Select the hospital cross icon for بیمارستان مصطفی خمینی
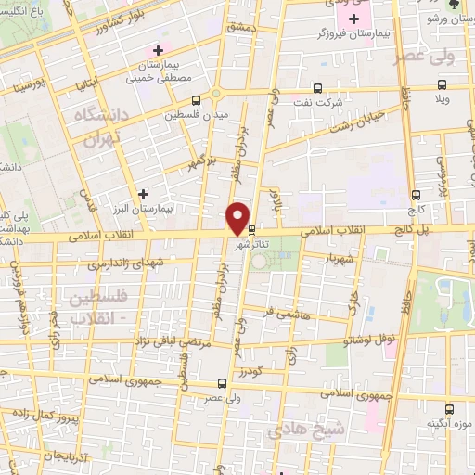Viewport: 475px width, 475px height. click(159, 50)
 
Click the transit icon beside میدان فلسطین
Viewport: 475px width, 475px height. click(196, 101)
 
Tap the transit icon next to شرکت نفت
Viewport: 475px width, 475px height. click(317, 89)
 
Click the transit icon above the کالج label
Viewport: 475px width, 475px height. click(416, 195)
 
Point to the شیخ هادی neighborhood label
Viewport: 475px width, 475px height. click(296, 430)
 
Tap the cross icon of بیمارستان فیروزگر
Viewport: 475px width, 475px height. click(353, 19)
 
